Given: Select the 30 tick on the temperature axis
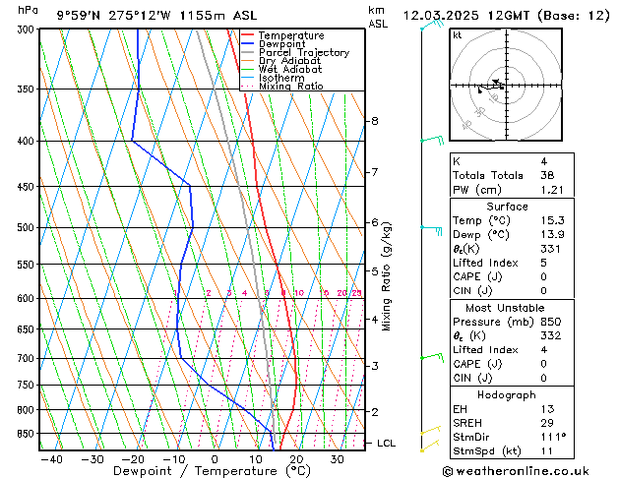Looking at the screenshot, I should tap(338, 458).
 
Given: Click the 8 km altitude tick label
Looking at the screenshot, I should tap(374, 121).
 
